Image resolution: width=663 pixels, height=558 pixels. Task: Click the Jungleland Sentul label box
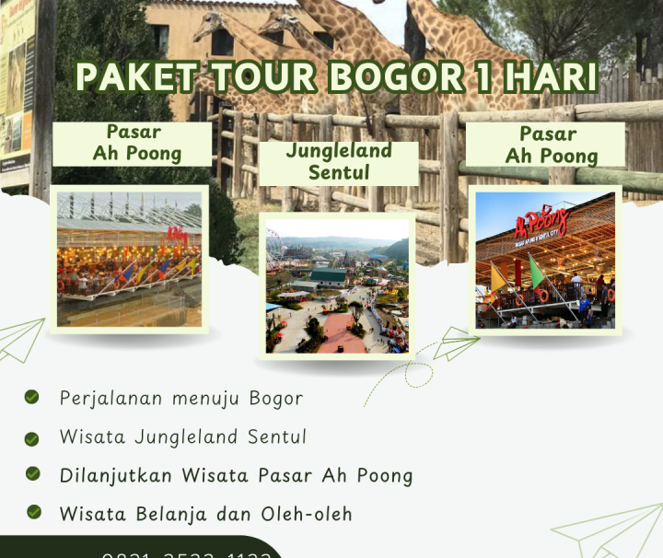(339, 162)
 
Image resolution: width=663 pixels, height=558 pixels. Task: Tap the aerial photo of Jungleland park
(338, 285)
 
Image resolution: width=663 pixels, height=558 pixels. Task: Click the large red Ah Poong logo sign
(542, 222)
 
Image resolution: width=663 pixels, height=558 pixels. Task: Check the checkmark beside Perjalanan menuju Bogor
(32, 398)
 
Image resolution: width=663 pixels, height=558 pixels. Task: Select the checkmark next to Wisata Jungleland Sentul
(32, 438)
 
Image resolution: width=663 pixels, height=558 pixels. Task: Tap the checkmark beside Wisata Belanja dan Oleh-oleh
(34, 512)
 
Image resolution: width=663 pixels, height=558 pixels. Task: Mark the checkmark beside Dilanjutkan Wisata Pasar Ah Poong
(33, 473)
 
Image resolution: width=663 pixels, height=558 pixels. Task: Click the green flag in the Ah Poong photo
(536, 273)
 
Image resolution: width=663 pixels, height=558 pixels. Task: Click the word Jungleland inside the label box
(339, 151)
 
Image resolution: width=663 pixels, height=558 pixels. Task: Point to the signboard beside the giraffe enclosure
(17, 92)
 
